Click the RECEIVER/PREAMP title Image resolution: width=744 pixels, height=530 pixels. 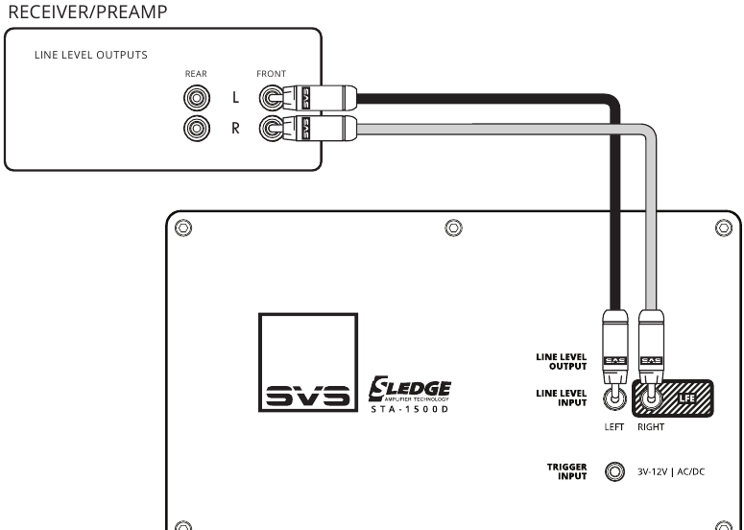(x=87, y=12)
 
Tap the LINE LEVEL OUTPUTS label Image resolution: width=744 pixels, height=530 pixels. (x=91, y=55)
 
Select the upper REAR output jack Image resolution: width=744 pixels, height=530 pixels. (x=197, y=98)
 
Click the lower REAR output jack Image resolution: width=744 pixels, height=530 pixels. (x=197, y=128)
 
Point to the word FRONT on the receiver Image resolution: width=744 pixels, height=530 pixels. (x=272, y=74)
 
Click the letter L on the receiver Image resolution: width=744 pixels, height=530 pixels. (x=236, y=98)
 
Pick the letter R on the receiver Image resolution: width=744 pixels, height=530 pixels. (x=235, y=128)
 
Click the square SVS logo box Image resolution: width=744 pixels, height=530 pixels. (x=308, y=363)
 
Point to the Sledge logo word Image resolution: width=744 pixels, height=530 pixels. (x=410, y=389)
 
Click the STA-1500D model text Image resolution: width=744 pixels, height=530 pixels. (x=410, y=409)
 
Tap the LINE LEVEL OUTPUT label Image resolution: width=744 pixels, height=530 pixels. (x=562, y=362)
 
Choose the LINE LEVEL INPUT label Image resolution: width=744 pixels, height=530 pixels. (x=562, y=398)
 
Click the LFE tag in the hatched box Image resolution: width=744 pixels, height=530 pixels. (x=687, y=398)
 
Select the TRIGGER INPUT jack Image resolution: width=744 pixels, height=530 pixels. (x=615, y=471)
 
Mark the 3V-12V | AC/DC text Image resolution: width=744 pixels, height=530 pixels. (x=671, y=472)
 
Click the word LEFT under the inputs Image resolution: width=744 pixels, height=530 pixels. (x=614, y=427)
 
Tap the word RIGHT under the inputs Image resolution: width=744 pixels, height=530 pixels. (x=651, y=427)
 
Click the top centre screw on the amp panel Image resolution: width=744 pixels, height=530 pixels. (x=454, y=228)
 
